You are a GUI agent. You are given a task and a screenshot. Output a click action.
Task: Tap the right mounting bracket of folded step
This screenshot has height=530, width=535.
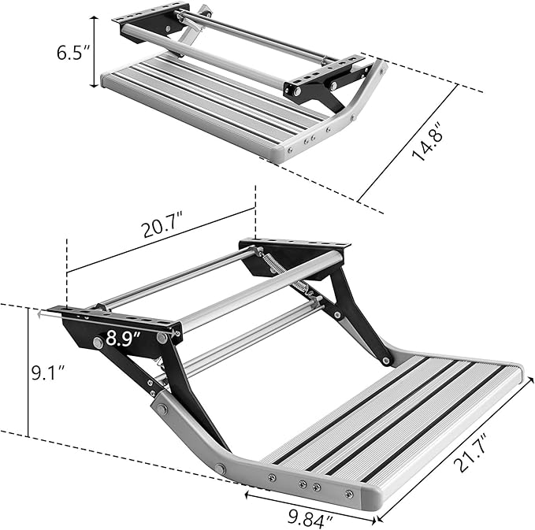(x=323, y=75)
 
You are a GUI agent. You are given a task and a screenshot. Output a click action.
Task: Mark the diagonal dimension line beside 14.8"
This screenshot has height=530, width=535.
(x=407, y=142)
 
